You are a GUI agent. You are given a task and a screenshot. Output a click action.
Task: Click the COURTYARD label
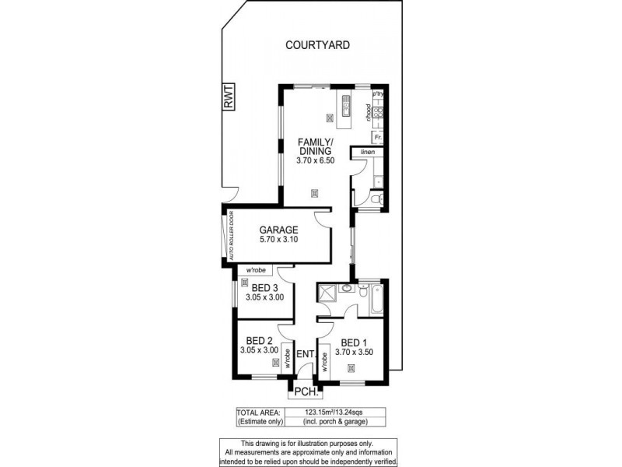tap(317, 45)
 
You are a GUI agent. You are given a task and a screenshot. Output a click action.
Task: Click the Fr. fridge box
tap(378, 137)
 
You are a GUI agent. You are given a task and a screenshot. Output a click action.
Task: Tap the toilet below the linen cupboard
tap(376, 200)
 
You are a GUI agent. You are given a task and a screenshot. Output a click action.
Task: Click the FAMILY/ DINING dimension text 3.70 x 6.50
tap(314, 160)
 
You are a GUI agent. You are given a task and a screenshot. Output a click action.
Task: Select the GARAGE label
tap(278, 230)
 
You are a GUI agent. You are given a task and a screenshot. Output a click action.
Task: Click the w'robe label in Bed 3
tap(256, 271)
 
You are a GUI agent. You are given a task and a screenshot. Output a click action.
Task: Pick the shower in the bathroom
tap(325, 293)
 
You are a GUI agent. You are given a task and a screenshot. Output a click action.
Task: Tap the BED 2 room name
tap(258, 341)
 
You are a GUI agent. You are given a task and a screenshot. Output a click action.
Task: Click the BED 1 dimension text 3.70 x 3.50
tap(355, 353)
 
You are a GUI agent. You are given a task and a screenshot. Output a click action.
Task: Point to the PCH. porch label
tap(302, 391)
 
